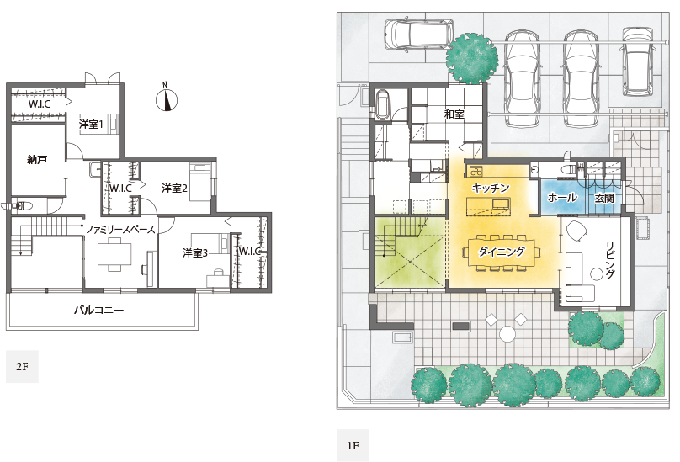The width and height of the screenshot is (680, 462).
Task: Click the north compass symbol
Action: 167,98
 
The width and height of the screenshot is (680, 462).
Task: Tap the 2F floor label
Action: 22,367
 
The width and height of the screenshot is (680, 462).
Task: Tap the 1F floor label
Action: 353,445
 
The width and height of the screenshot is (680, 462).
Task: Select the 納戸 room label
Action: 37,160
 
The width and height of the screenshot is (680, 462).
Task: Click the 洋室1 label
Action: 91,125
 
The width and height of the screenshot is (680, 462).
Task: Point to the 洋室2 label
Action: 174,189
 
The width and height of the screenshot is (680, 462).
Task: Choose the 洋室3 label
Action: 194,252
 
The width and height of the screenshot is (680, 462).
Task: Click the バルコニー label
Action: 98,310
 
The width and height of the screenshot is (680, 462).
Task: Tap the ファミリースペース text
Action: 120,229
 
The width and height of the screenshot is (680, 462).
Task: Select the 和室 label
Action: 454,114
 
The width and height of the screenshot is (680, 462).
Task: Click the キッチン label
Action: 490,188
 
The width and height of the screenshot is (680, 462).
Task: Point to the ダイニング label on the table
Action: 502,252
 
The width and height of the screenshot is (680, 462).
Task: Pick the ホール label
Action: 562,198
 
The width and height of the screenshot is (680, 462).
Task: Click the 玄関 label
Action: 604,199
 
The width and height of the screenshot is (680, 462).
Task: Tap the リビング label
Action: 610,260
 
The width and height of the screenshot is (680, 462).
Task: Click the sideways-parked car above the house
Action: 419,34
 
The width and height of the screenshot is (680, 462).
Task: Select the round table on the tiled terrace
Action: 507,334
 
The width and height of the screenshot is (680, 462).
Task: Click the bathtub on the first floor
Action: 382,104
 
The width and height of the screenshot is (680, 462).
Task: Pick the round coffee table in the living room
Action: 598,273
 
